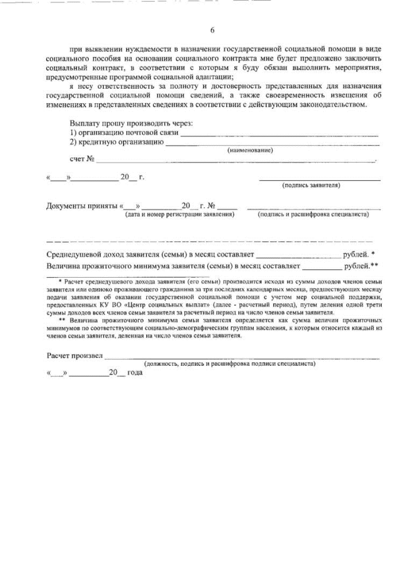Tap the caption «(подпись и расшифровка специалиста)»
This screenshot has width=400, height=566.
(313, 215)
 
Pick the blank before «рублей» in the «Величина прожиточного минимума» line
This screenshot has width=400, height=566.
(321, 267)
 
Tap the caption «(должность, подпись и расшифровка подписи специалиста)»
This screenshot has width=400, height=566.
(229, 363)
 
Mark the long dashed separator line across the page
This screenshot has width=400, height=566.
(209, 241)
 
